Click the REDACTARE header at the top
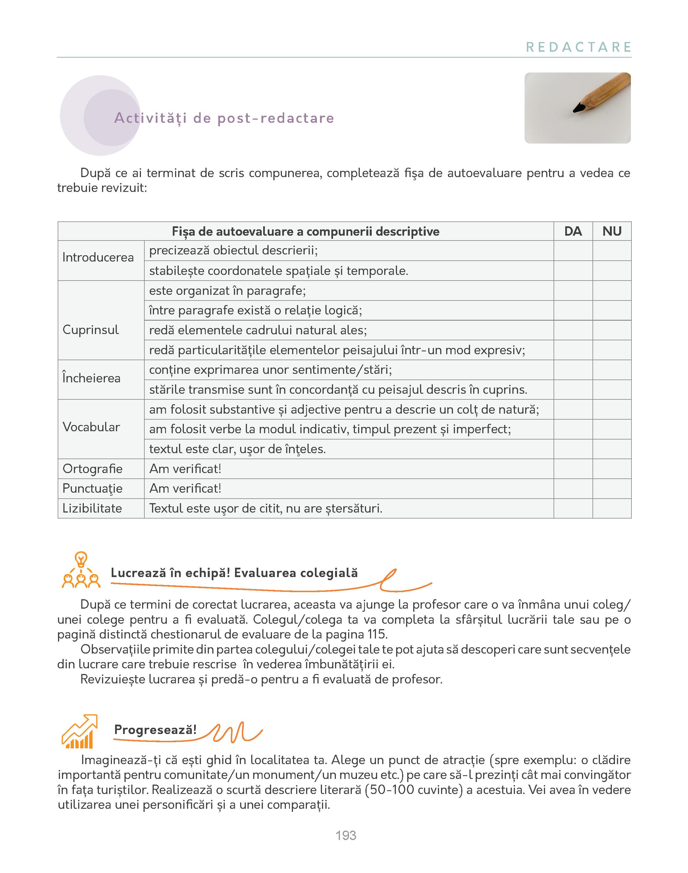tap(578, 47)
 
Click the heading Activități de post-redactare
tap(224, 118)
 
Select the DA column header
tap(573, 231)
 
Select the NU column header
tap(612, 231)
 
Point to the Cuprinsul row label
tap(91, 330)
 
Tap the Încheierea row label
tap(92, 378)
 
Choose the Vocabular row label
tap(92, 427)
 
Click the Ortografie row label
tap(93, 469)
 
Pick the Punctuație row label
tap(93, 489)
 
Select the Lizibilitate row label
tap(92, 508)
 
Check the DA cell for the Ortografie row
tap(573, 469)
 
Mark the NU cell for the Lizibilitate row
tap(612, 508)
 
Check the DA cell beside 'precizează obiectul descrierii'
tap(573, 250)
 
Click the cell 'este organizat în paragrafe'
tap(228, 291)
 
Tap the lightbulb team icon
tap(81, 571)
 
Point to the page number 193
tap(346, 835)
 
